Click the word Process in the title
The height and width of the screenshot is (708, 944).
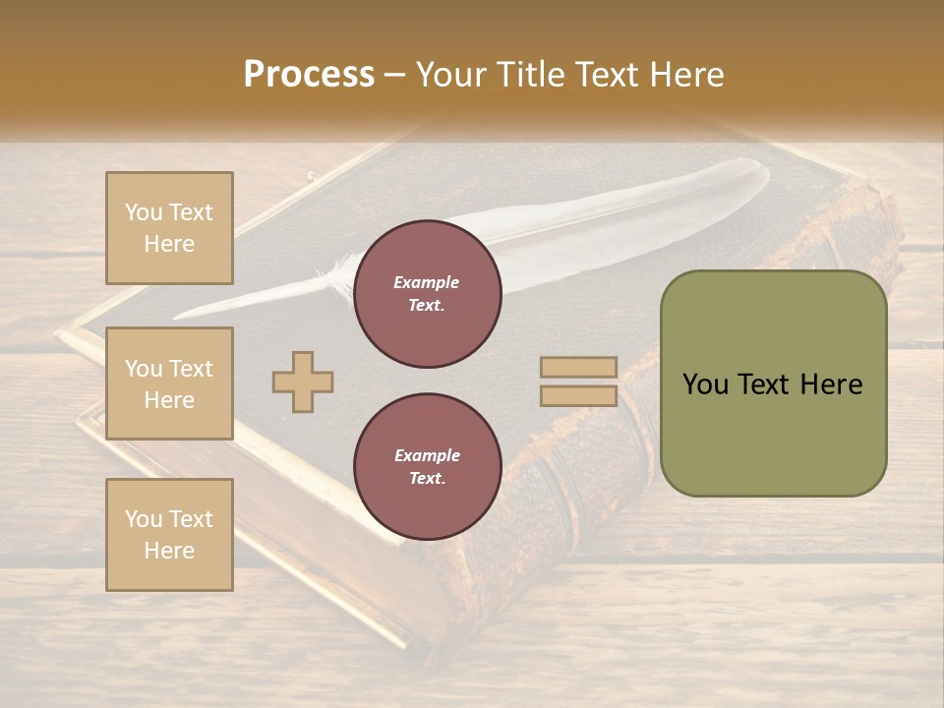pos(309,75)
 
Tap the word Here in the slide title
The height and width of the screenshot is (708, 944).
pos(684,75)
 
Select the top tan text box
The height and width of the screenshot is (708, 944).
pos(169,228)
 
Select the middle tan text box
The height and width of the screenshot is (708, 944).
pos(169,383)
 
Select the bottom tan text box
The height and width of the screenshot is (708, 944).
pos(169,534)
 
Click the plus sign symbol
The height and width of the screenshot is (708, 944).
pos(303,382)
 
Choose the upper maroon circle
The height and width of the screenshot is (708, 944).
pos(427,294)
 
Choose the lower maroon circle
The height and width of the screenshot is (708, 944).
pos(427,467)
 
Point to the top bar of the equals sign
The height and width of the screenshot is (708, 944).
pos(578,368)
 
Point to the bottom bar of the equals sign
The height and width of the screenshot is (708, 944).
pos(578,395)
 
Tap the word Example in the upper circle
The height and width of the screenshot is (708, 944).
pos(427,282)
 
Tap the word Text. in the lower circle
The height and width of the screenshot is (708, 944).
pos(427,479)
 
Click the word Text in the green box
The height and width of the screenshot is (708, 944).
pos(763,384)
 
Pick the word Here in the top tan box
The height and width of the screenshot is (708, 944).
pos(169,244)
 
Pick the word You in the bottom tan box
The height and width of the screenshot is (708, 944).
pos(144,518)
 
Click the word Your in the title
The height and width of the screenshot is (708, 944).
pos(452,75)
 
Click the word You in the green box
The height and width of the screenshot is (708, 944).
pos(705,384)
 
